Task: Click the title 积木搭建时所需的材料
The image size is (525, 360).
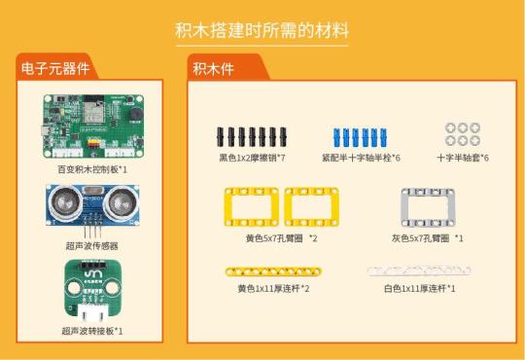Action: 262,29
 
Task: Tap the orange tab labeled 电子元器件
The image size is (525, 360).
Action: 55,68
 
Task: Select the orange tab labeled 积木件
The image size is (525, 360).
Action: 213,68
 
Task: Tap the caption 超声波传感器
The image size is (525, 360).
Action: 92,247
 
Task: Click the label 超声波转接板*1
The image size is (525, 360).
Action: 92,331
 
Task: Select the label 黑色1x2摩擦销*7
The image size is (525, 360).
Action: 251,157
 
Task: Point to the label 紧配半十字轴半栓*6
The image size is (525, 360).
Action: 361,157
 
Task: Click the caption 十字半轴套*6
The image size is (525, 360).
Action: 462,157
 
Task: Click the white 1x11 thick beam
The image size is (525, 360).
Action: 410,272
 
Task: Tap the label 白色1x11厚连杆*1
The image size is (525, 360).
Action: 419,288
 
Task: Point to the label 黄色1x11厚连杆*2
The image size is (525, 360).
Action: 273,288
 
